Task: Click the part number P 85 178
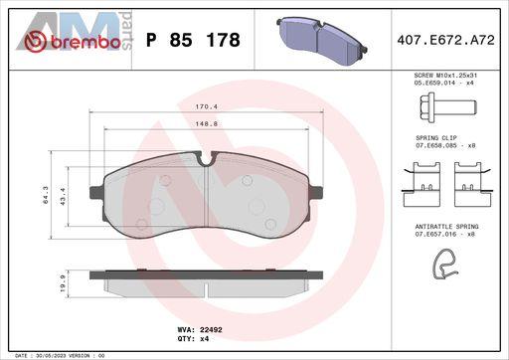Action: [x=193, y=40]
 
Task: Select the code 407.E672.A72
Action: [x=445, y=40]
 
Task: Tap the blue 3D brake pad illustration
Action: [x=321, y=41]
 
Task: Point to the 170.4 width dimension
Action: [x=206, y=106]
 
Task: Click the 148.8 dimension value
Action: [x=206, y=124]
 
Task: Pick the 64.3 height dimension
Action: [x=46, y=195]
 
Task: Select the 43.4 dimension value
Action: [x=63, y=195]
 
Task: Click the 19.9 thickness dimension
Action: [x=63, y=283]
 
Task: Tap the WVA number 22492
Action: [x=211, y=330]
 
